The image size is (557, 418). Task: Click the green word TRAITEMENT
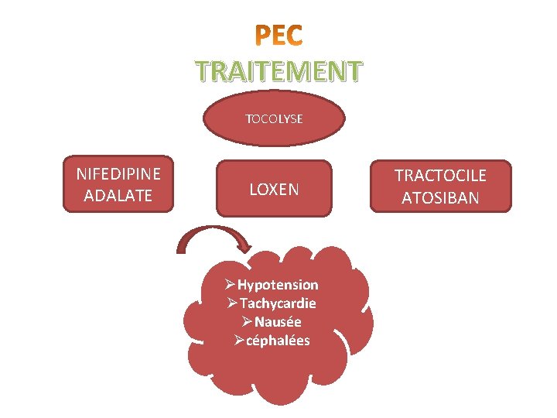tap(278, 72)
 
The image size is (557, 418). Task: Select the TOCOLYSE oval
tap(274, 119)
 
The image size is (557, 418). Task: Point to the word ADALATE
tap(118, 197)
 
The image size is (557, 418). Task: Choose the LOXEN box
tap(274, 189)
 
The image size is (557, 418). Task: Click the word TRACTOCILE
tap(440, 175)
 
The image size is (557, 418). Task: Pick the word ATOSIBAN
tap(440, 198)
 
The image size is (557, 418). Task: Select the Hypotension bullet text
tap(278, 285)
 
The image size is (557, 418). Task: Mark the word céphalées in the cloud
tap(278, 341)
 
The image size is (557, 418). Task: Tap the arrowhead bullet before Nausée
tap(248, 322)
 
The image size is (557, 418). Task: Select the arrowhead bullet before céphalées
tap(239, 341)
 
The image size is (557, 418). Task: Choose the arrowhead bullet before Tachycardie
tap(233, 303)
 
